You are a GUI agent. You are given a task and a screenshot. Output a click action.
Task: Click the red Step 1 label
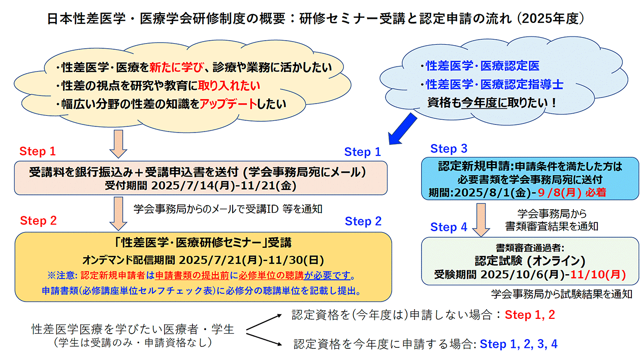pos(38,151)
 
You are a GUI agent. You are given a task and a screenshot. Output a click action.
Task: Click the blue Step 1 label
pos(363,152)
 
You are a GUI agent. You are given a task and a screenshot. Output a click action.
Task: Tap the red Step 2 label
pos(38,220)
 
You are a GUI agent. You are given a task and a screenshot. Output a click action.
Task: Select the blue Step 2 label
pos(363,221)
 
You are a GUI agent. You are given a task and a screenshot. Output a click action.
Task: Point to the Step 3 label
pos(449,149)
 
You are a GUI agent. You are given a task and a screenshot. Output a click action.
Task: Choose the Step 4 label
pos(449,227)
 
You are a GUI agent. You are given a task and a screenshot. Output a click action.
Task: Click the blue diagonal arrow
pos(402,129)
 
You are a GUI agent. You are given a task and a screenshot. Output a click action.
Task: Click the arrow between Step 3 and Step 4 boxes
pos(481,220)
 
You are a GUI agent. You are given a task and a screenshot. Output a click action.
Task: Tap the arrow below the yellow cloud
pos(118,144)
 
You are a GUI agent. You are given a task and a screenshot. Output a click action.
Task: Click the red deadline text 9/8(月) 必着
pos(572,192)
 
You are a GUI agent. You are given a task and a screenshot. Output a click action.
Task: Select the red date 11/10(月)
pos(598,275)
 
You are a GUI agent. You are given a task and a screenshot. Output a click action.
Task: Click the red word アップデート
pos(228,104)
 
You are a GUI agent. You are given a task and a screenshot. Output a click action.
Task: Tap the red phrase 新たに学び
pos(176,67)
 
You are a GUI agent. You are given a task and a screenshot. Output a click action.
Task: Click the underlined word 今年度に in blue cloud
pos(484,103)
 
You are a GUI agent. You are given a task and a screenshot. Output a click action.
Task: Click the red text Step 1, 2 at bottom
pos(530,315)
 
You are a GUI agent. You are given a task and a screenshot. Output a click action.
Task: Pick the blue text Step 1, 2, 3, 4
pos(518,344)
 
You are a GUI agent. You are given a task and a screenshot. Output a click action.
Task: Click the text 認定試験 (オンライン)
pos(530,261)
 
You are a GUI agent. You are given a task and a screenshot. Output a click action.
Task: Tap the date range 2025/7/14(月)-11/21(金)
pos(223,186)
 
